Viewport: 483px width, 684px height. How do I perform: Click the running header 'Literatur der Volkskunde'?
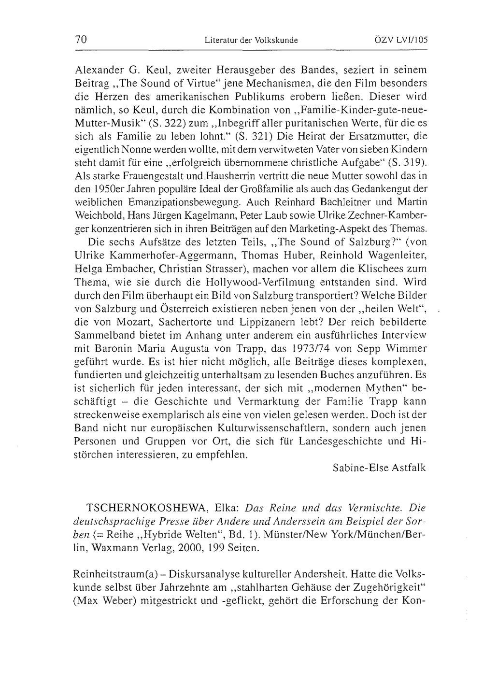pyautogui.click(x=251, y=40)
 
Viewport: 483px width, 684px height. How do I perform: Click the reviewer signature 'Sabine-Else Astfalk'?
pyautogui.click(x=380, y=467)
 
